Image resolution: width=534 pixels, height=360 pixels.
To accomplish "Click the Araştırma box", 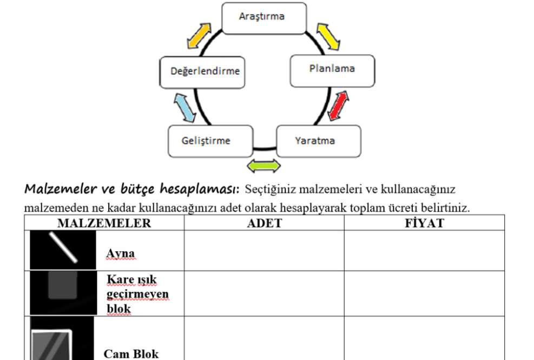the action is pos(264,18).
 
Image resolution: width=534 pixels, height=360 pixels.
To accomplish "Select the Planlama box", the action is pos(332,71).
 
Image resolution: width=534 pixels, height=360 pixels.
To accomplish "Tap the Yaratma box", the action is pos(319,141).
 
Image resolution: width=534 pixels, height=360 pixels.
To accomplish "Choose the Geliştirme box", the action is pos(210,141).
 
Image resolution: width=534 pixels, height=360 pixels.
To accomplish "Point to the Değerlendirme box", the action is pos(202,73).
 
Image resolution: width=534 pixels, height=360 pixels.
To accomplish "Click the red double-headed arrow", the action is pos(338,106).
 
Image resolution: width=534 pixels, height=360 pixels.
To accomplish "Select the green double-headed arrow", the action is pos(263,166).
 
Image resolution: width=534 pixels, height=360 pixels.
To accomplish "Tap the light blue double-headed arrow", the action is pos(185,108).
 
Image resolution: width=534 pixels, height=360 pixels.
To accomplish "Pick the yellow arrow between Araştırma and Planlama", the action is pos(328,36).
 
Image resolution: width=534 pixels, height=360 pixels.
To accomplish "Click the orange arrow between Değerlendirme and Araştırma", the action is pos(199,36).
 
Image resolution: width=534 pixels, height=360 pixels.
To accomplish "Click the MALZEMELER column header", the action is pos(104,223).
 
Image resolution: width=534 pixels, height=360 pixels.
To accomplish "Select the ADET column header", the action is pos(265,223).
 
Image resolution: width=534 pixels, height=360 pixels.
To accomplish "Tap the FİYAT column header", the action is pos(424,223).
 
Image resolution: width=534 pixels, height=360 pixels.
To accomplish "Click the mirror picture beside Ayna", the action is pos(63,250).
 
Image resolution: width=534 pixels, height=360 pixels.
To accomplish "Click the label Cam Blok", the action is pos(131,354).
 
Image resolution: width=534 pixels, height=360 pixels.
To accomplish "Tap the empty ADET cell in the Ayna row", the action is pos(264,251).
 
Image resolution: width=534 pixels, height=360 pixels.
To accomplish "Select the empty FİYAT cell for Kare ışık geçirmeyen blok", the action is pos(424,293).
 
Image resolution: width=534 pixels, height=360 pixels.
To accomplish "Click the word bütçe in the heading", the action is pos(137,188).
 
